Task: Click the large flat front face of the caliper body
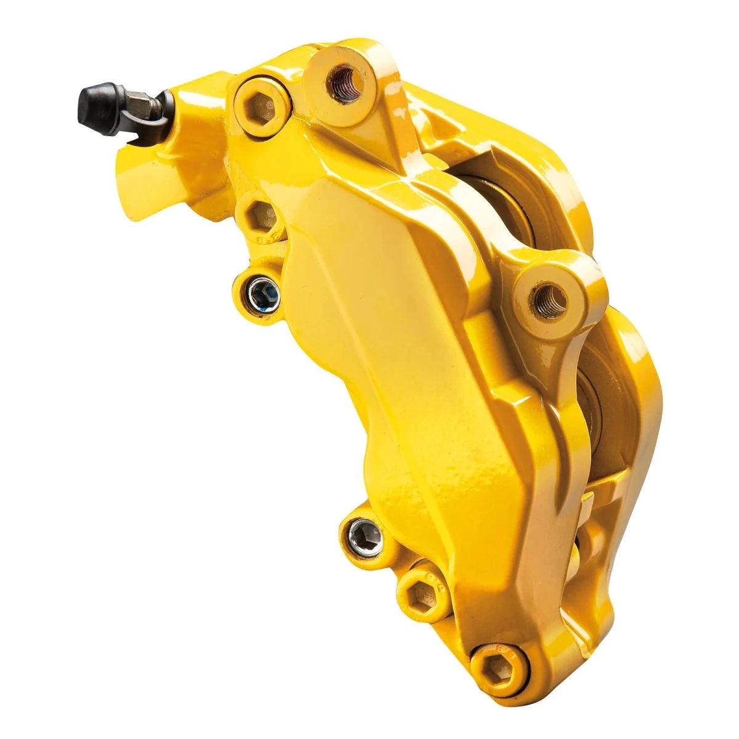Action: coord(394,345)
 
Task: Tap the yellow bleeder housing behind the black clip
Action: coord(197,123)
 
